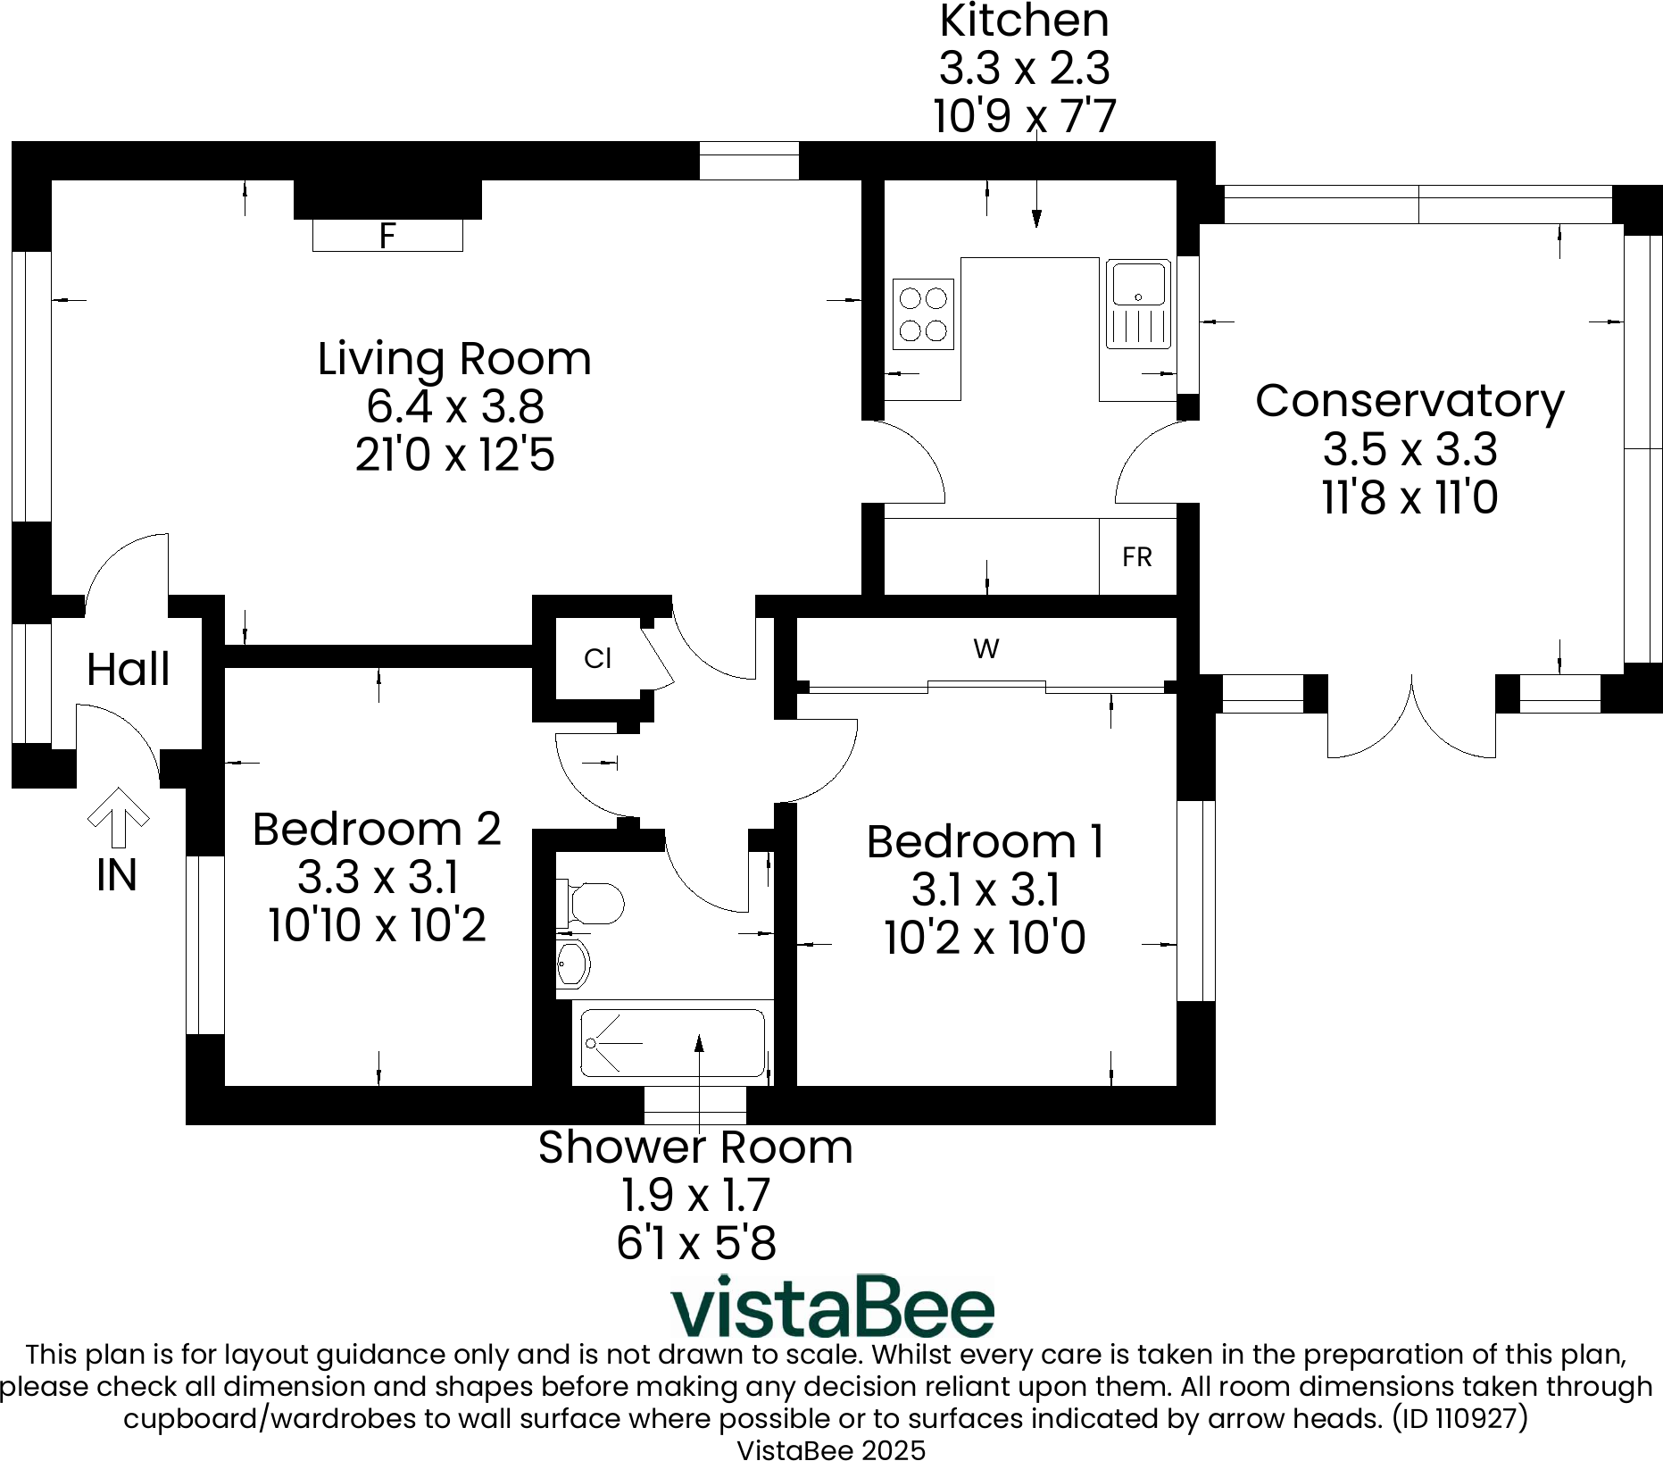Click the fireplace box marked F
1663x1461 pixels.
tap(387, 235)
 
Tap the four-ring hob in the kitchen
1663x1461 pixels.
tap(923, 313)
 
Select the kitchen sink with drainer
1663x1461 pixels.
tap(1138, 304)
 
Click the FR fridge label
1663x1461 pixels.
tap(1137, 557)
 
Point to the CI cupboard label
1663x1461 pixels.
tap(597, 659)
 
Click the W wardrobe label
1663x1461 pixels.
tap(986, 649)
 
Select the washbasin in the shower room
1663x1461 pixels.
tap(572, 963)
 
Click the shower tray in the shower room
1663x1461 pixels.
tap(672, 1043)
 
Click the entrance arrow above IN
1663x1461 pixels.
tap(118, 817)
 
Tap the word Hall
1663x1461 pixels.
tap(129, 669)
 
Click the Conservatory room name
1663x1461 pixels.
tap(1409, 402)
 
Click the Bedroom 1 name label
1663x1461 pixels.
tap(985, 841)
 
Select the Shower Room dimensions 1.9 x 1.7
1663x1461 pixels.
tap(695, 1195)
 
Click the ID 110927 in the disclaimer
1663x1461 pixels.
tap(1460, 1418)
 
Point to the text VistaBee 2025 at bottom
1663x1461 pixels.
tap(831, 1450)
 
